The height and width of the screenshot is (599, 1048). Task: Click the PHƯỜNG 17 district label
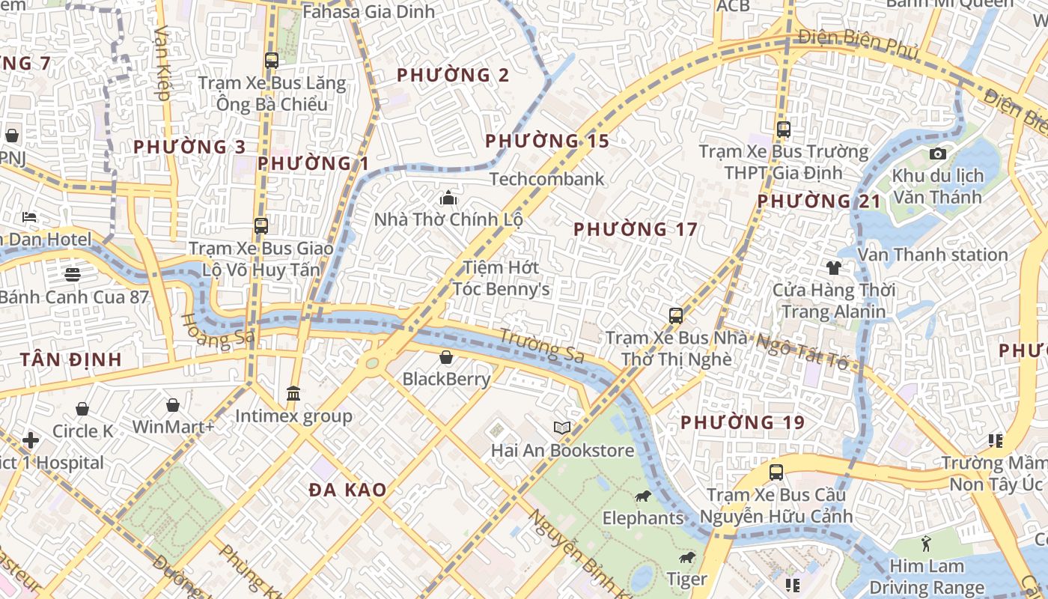coord(635,229)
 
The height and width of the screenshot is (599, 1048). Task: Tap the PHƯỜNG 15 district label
coord(546,141)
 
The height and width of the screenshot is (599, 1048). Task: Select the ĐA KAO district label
coord(348,490)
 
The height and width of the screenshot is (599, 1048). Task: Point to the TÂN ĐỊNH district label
coord(71,359)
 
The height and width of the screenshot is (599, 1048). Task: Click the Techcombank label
coord(546,179)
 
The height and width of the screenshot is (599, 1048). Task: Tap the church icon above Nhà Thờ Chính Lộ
coord(448,198)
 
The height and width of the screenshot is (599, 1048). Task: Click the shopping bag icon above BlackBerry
coord(446,357)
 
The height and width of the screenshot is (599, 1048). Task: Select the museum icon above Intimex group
coord(293,394)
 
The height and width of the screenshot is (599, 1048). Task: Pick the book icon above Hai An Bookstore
coord(562,428)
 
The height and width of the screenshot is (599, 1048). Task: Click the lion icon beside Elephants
coord(642,496)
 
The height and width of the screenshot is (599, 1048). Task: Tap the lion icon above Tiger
coord(686,557)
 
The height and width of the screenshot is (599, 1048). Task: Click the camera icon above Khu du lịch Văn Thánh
coord(937,153)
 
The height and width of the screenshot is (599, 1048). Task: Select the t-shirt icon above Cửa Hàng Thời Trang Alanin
coord(833,267)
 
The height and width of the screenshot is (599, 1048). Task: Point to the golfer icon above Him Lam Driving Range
coord(926,543)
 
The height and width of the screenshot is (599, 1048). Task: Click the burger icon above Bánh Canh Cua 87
coord(73,274)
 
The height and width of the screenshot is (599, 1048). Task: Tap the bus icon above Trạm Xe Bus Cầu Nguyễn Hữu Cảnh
coord(776,472)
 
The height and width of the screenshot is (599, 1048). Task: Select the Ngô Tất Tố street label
coord(802,352)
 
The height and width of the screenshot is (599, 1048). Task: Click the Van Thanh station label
coord(933,255)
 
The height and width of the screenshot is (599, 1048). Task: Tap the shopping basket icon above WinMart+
coord(173,405)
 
